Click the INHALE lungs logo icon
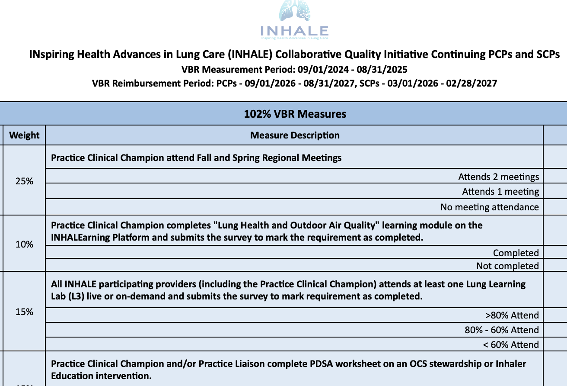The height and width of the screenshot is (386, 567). click(295, 12)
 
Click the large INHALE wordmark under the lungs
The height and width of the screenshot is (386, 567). click(295, 31)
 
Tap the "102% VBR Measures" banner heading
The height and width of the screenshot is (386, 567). click(295, 114)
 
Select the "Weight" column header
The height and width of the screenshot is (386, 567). click(24, 135)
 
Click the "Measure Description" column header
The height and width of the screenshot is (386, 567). click(295, 135)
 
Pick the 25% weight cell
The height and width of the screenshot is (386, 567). click(24, 181)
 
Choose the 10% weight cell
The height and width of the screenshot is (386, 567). click(24, 244)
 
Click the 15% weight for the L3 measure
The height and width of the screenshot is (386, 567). click(24, 312)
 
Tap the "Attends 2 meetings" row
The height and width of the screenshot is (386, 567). click(498, 177)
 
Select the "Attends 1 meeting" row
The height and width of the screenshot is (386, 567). click(500, 191)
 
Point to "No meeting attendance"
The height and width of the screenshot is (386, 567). click(489, 207)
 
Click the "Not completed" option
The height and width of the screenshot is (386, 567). click(507, 266)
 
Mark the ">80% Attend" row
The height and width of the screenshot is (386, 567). click(512, 315)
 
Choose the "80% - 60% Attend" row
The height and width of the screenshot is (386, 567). click(502, 330)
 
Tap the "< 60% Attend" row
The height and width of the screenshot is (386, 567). click(511, 344)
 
